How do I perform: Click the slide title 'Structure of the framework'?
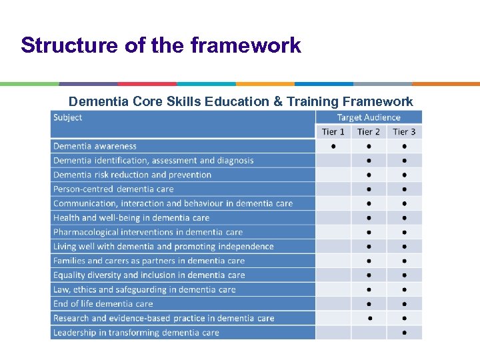click(x=161, y=45)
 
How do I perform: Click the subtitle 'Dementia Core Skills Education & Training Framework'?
click(x=241, y=101)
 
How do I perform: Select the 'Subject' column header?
click(x=68, y=117)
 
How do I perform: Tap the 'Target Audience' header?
click(x=369, y=117)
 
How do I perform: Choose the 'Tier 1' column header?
click(x=333, y=132)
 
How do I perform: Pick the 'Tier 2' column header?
click(x=369, y=132)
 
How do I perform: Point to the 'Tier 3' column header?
click(x=404, y=132)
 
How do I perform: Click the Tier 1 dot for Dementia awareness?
click(x=333, y=147)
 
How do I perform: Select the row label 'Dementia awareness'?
click(x=95, y=147)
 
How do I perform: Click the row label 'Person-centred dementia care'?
click(x=113, y=189)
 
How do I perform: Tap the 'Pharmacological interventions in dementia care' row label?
click(x=148, y=232)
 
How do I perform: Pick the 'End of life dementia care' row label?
click(x=103, y=304)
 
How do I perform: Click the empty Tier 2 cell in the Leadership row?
click(x=369, y=333)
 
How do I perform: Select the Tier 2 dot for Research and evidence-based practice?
click(x=369, y=319)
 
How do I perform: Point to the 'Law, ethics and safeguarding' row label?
click(x=145, y=290)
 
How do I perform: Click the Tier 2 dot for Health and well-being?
click(x=369, y=218)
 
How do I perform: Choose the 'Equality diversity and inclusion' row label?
click(x=149, y=275)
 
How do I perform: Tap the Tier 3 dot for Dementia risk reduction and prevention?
click(x=405, y=175)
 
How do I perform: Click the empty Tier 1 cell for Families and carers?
click(x=333, y=261)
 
